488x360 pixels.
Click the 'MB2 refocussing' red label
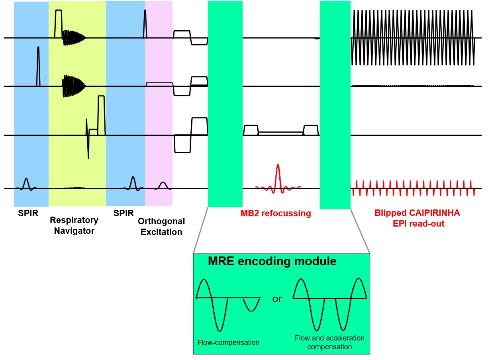coord(276,213)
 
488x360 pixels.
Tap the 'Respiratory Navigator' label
coord(74,225)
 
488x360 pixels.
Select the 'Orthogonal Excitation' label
coord(161,226)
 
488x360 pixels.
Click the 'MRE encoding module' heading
coord(272,262)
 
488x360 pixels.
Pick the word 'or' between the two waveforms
coord(277,299)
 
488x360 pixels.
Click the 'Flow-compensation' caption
coord(228,342)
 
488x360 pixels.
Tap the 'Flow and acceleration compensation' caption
coord(329,342)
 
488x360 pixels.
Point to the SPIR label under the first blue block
coord(28,213)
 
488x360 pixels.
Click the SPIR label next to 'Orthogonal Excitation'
coord(123,213)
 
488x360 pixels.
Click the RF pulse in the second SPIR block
coord(133,182)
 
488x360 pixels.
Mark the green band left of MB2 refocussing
coord(225,104)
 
